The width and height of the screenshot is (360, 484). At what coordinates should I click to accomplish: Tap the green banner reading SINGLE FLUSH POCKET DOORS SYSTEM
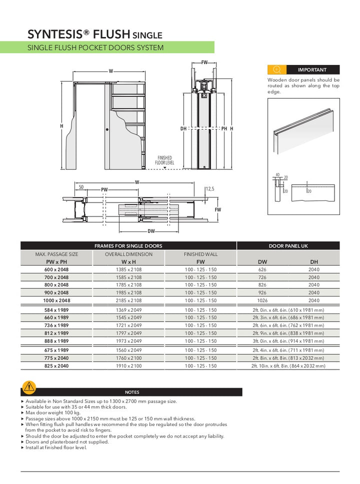pyautogui.click(x=117, y=47)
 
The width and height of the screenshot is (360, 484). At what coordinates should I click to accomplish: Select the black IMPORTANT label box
pyautogui.click(x=312, y=70)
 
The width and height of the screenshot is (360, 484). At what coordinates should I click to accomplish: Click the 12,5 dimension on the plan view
pyautogui.click(x=210, y=189)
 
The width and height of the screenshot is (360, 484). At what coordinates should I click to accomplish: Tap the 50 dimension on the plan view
pyautogui.click(x=80, y=187)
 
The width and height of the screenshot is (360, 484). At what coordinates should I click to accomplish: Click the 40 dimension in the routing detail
pyautogui.click(x=277, y=175)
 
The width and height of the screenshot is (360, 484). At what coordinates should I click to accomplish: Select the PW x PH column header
pyautogui.click(x=56, y=261)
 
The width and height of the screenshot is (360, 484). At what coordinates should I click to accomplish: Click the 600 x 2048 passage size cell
pyautogui.click(x=56, y=269)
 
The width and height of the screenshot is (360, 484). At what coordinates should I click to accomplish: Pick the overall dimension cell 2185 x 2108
pyautogui.click(x=128, y=300)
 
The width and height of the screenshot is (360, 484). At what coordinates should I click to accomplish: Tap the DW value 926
pyautogui.click(x=262, y=292)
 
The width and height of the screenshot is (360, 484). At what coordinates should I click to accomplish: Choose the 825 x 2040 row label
pyautogui.click(x=56, y=366)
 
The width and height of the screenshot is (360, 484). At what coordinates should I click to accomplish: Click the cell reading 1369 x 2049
pyautogui.click(x=128, y=310)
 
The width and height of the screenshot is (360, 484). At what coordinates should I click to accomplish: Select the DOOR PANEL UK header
pyautogui.click(x=288, y=246)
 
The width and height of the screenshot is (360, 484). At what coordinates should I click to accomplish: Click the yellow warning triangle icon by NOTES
pyautogui.click(x=29, y=386)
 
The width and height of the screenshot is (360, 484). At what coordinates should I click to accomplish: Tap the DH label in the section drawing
pyautogui.click(x=183, y=129)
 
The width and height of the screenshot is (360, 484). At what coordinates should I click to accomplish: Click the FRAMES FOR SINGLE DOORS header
pyautogui.click(x=128, y=246)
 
